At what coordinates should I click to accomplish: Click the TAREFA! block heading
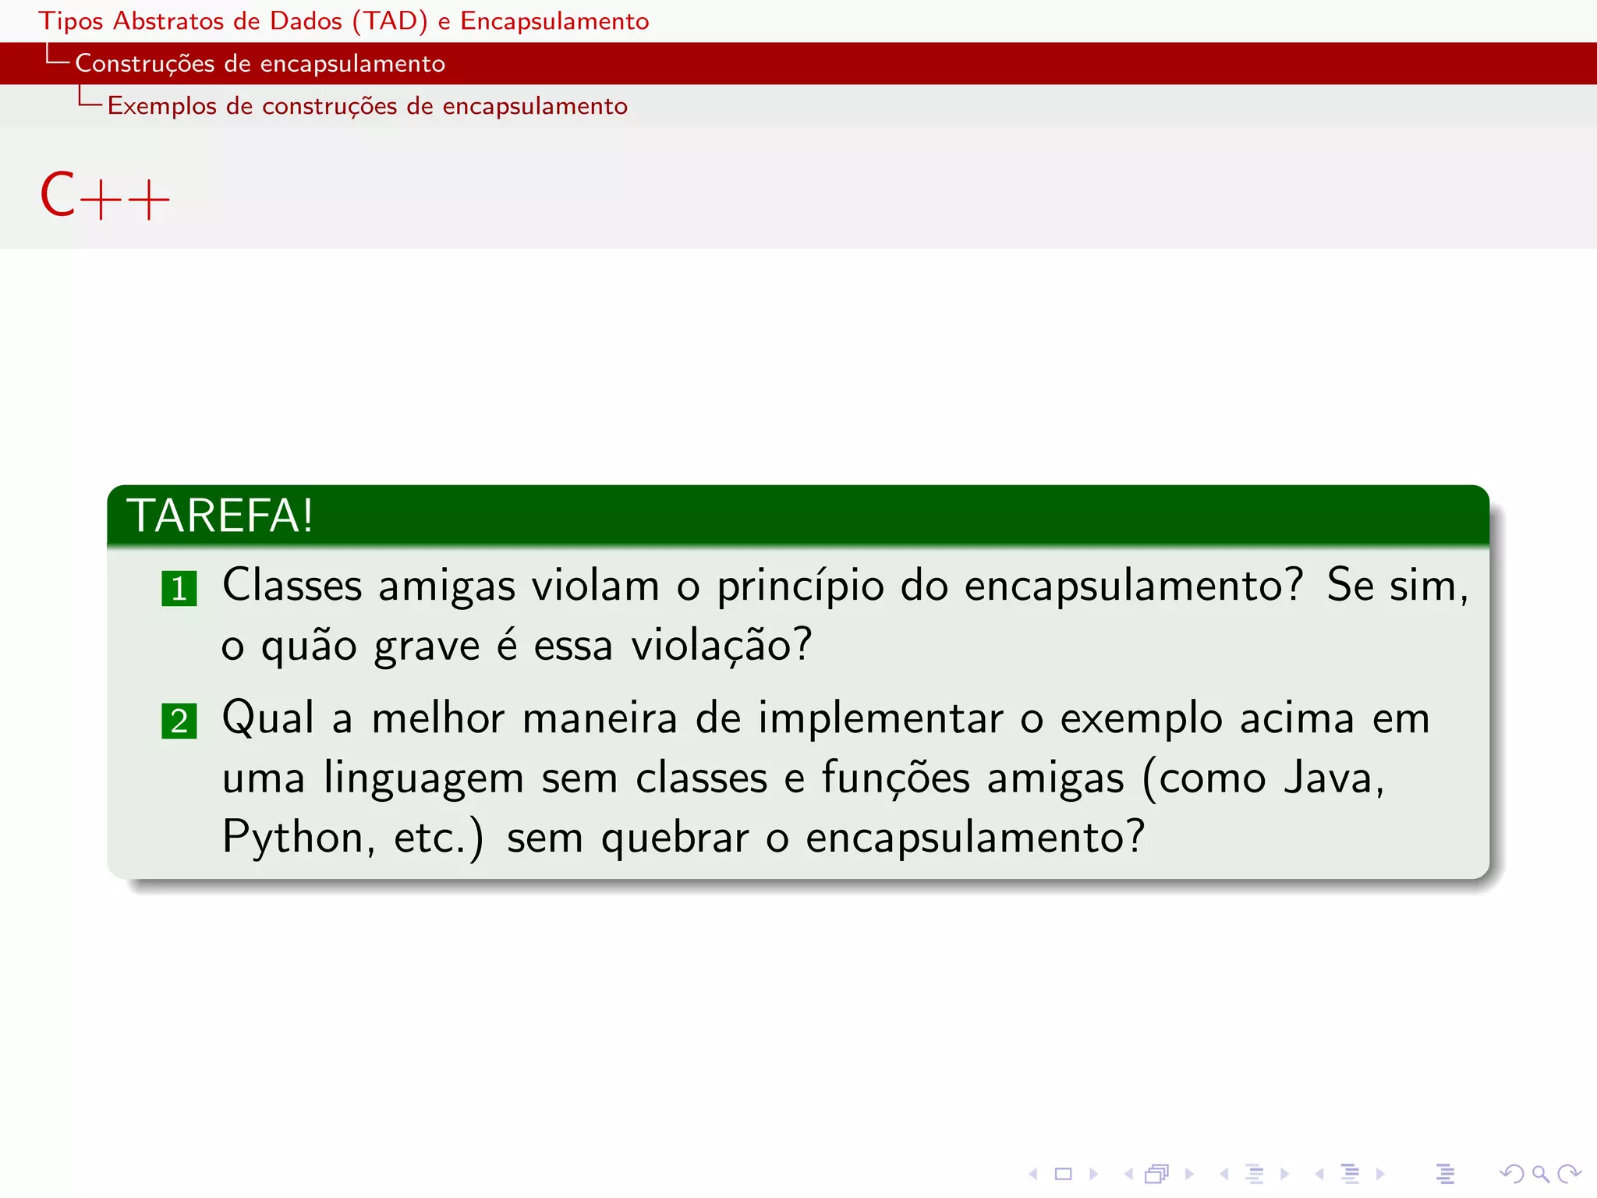pyautogui.click(x=220, y=516)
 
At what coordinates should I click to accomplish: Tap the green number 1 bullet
pyautogui.click(x=179, y=588)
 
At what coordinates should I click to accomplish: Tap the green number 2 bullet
pyautogui.click(x=179, y=721)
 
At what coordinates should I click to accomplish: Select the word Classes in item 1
pyautogui.click(x=292, y=585)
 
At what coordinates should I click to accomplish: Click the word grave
pyautogui.click(x=427, y=647)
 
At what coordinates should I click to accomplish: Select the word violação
pyautogui.click(x=721, y=647)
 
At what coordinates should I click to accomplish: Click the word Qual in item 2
pyautogui.click(x=268, y=718)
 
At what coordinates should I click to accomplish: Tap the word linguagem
pyautogui.click(x=423, y=779)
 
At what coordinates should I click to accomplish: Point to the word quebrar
pyautogui.click(x=675, y=838)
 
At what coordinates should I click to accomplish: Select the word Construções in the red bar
pyautogui.click(x=144, y=63)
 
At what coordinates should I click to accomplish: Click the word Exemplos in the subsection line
pyautogui.click(x=161, y=105)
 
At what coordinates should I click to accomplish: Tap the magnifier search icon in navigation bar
pyautogui.click(x=1539, y=1173)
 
